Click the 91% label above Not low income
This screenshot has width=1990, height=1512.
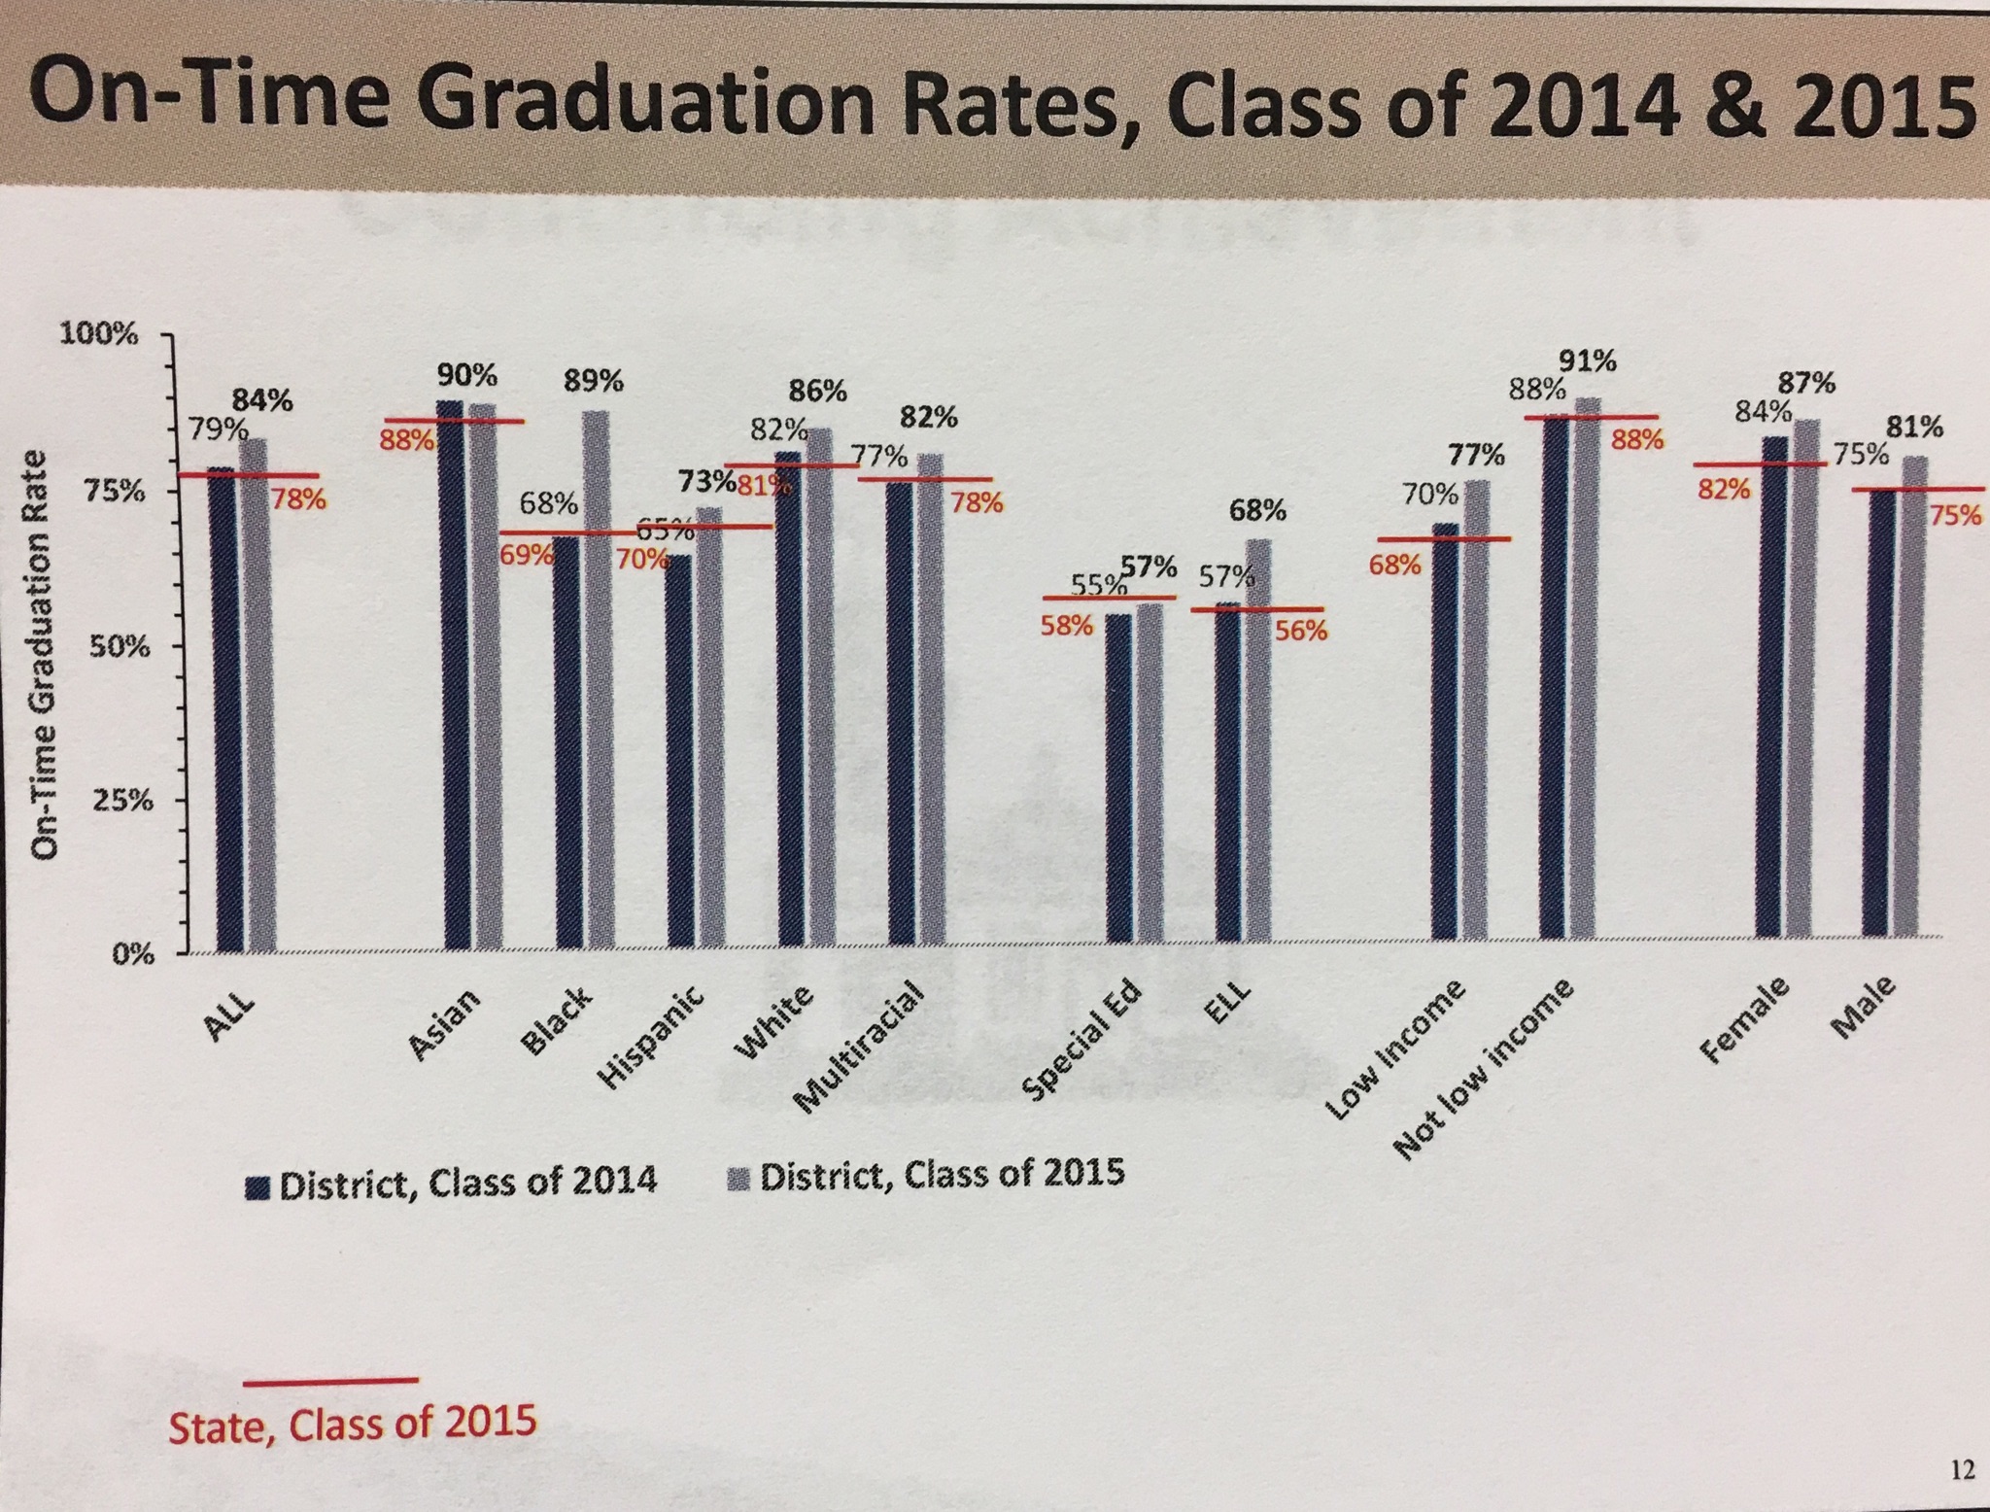1589,362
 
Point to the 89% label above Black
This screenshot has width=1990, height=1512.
594,381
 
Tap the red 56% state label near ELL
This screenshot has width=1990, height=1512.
1301,631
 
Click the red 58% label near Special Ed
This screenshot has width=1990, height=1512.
1067,625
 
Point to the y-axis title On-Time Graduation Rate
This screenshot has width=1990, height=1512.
43,655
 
